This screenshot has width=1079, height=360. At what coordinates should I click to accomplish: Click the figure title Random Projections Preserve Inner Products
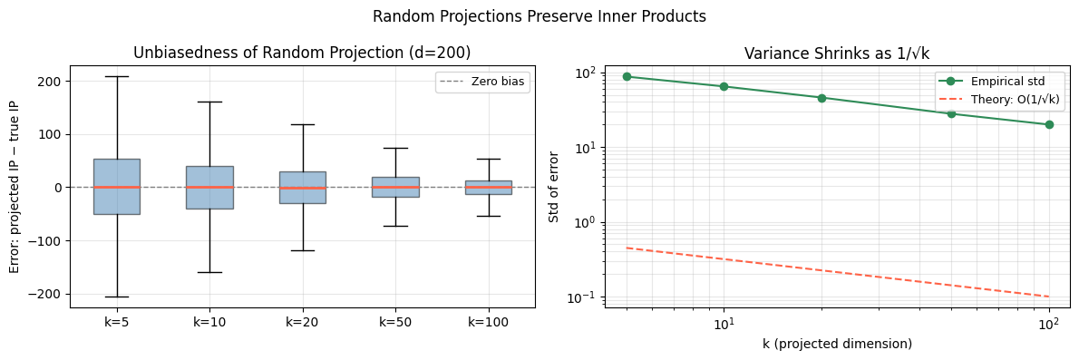coord(539,16)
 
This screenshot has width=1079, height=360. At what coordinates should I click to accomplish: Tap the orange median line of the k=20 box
coord(303,188)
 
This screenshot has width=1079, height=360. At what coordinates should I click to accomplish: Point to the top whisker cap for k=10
coord(209,102)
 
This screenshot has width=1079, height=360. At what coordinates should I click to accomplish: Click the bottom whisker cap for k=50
coord(395,226)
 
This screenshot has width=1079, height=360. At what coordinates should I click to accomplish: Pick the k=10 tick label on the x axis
coord(209,322)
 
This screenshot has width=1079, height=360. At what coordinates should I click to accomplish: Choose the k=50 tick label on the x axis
coord(395,322)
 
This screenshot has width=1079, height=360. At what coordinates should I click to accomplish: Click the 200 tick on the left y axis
coord(49,81)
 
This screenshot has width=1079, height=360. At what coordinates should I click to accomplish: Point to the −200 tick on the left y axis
coord(45,294)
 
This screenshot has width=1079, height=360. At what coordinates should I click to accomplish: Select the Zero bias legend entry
coord(482,82)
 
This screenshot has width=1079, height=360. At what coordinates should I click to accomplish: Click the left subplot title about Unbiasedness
coord(302,53)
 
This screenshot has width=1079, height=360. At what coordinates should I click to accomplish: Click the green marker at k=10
coord(724,86)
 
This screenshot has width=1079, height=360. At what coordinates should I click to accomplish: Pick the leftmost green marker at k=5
coord(627,76)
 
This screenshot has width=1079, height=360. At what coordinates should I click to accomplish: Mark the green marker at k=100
coord(1049,124)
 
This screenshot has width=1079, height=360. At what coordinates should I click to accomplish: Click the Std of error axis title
coord(554,187)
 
